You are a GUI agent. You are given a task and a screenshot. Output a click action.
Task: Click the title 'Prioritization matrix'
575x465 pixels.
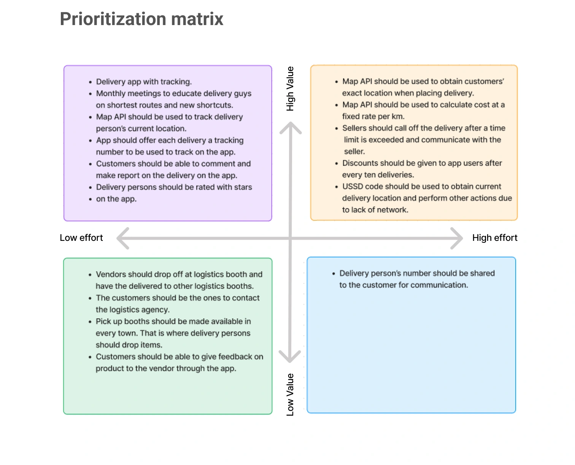pyautogui.click(x=141, y=19)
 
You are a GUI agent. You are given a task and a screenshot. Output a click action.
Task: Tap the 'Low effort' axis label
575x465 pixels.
pyautogui.click(x=81, y=238)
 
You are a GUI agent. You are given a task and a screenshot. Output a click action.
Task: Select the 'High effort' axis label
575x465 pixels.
pyautogui.click(x=494, y=238)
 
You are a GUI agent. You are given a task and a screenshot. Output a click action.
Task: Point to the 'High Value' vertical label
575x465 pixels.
pyautogui.click(x=290, y=89)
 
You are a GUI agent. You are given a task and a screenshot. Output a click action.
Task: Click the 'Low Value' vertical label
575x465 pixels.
pyautogui.click(x=290, y=394)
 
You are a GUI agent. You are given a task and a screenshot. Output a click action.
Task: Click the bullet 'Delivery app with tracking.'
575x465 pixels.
pyautogui.click(x=144, y=82)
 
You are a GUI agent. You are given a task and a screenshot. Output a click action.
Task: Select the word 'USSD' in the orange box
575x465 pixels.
pyautogui.click(x=352, y=187)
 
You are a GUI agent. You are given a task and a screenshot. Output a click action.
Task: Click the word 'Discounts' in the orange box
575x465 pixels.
pyautogui.click(x=360, y=163)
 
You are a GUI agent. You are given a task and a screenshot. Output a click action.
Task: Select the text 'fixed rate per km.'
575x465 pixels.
pyautogui.click(x=373, y=117)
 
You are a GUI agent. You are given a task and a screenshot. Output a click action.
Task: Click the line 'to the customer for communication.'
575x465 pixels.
pyautogui.click(x=403, y=285)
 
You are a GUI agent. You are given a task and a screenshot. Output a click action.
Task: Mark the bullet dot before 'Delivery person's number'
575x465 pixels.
pyautogui.click(x=334, y=274)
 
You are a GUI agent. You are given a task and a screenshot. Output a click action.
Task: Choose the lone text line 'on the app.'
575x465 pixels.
pyautogui.click(x=116, y=199)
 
